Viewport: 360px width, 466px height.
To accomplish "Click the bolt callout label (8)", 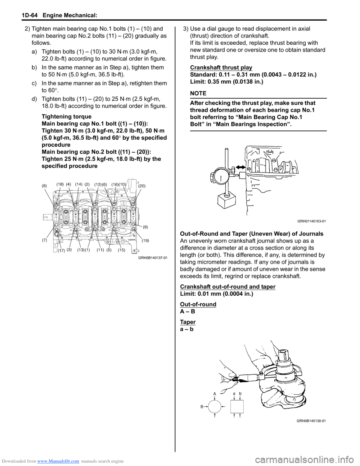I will [x=44, y=186].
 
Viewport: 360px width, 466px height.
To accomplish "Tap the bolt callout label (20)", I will [x=142, y=186].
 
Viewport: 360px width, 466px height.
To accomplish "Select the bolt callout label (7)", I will [x=44, y=240].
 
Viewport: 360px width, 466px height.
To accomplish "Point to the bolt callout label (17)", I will [x=61, y=250].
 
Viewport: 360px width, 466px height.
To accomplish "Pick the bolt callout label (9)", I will [x=145, y=227].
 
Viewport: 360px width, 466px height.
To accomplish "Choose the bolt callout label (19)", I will [x=145, y=241].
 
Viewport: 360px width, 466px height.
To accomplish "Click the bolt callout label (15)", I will [x=121, y=250].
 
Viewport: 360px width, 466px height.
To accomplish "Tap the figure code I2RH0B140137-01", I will [x=153, y=258].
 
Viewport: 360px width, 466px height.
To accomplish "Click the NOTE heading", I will [x=198, y=93].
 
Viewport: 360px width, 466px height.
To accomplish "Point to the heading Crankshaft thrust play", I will [x=221, y=68].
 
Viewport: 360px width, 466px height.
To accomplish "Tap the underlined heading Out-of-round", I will [x=198, y=304].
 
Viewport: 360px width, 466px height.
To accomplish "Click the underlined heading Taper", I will [x=187, y=322].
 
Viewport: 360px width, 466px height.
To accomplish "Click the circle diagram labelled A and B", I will [x=214, y=406].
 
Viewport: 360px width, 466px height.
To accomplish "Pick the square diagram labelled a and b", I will [x=237, y=406].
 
